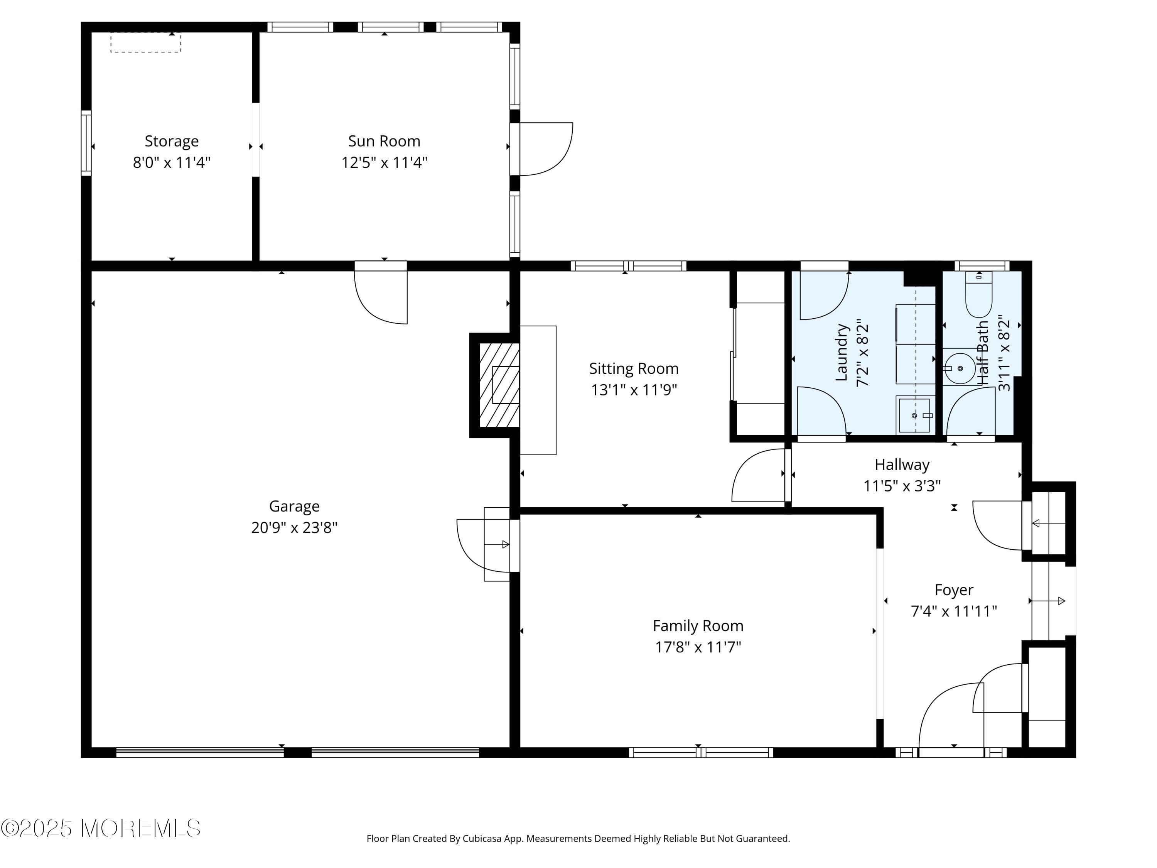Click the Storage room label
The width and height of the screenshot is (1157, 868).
point(172,141)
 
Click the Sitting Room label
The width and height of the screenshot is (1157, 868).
point(633,369)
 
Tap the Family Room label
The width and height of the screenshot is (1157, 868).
point(698,626)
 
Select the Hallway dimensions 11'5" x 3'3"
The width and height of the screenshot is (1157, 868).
point(902,486)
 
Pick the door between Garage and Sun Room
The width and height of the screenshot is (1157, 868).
point(381,293)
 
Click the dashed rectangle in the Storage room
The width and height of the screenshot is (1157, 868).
point(145,43)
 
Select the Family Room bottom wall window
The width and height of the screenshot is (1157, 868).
point(700,752)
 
